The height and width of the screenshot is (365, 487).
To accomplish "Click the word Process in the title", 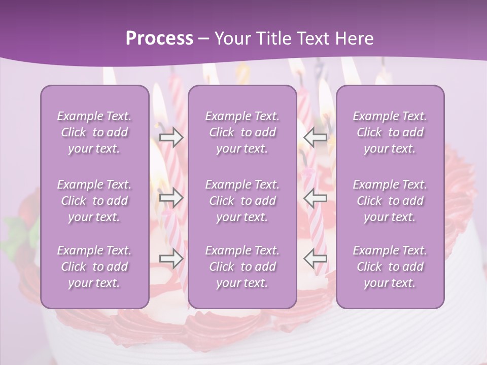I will point(159,38).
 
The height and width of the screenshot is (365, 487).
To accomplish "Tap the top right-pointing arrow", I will point(171,137).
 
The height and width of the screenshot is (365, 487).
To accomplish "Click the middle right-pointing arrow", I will point(171,198).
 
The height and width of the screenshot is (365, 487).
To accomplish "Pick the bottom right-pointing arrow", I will point(171,259).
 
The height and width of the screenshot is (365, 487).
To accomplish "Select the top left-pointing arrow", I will point(316,137).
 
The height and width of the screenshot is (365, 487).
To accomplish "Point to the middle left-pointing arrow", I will point(316,198).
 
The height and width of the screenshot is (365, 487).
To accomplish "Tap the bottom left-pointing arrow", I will point(316,259).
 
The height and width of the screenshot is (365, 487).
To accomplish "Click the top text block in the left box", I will point(94,132).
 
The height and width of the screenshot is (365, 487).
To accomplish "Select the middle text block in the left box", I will point(94,201).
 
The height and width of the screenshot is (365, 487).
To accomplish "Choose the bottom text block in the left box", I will point(94,267).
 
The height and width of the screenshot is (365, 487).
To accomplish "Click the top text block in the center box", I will point(242,132).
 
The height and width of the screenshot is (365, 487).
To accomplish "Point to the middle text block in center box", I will point(242,201).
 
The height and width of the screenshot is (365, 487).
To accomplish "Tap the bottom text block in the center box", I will point(242,267).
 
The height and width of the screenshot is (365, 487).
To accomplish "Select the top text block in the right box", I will point(390,132).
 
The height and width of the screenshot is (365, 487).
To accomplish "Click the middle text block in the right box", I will point(390,201).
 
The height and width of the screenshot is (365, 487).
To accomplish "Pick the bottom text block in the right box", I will point(390,267).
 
